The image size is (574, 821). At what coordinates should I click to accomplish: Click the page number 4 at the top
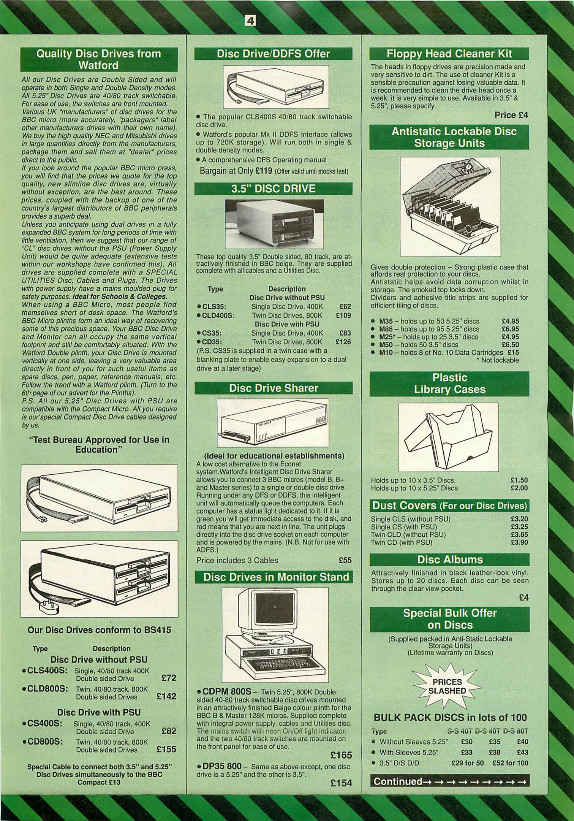[x=250, y=21]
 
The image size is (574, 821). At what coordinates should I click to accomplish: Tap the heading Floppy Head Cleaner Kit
[x=449, y=54]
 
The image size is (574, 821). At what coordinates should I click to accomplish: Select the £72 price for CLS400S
[x=169, y=678]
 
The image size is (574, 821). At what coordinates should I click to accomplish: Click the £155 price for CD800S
[x=166, y=749]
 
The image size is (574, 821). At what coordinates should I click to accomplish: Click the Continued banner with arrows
[x=449, y=781]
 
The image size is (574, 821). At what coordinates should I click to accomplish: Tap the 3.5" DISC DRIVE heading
[x=274, y=189]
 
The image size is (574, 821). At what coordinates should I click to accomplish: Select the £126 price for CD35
[x=343, y=342]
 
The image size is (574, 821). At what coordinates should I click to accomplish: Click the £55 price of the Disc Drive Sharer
[x=345, y=560]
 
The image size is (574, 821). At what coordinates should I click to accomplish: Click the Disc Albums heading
[x=450, y=559]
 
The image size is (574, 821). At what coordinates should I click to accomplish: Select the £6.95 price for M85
[x=510, y=329]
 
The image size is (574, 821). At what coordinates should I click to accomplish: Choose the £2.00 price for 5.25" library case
[x=519, y=488]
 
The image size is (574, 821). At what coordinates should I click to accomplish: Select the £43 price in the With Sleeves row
[x=522, y=752]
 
